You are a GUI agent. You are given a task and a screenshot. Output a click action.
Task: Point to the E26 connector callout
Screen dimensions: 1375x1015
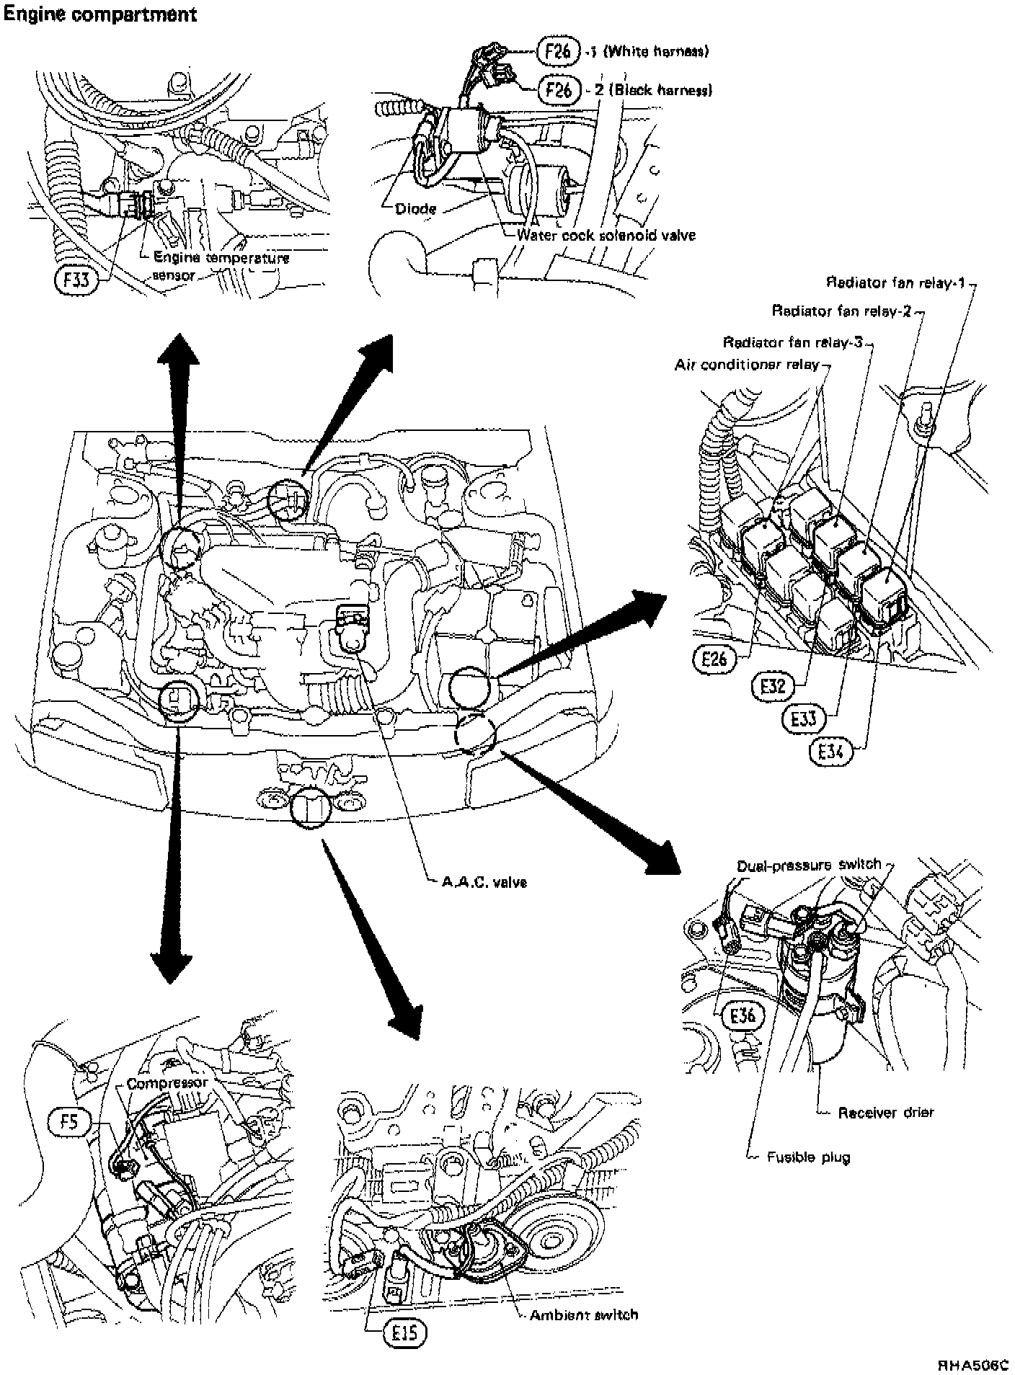716,659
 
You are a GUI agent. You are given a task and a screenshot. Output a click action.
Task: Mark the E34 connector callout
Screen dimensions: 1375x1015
830,752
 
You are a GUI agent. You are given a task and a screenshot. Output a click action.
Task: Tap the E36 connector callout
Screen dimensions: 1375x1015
742,1016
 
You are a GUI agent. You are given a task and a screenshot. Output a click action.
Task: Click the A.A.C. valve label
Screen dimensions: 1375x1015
484,881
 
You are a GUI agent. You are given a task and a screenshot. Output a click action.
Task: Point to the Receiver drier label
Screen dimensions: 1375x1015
885,1113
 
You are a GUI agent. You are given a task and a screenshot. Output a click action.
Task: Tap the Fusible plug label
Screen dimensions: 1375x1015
808,1157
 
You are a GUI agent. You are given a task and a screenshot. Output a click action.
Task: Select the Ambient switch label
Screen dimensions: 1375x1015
583,1314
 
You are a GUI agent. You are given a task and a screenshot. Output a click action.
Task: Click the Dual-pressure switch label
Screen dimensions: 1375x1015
809,865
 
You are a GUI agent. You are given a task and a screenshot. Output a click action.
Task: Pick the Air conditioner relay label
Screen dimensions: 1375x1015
747,365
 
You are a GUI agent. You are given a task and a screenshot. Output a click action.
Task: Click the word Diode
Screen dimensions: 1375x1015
416,209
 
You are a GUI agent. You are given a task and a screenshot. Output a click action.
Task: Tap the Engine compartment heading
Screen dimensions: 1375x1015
100,14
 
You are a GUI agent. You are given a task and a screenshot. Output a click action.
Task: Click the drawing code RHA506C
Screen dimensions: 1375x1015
973,1365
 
